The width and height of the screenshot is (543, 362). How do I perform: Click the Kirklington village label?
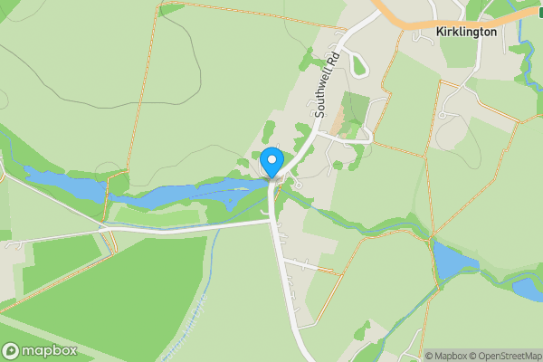[466, 31]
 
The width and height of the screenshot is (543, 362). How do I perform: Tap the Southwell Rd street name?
[326, 85]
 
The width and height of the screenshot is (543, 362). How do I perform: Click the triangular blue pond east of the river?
[453, 262]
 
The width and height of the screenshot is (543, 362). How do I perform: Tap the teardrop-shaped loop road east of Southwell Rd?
[357, 64]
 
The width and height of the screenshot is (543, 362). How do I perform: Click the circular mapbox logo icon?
[12, 350]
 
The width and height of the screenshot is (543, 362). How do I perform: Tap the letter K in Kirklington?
[439, 31]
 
